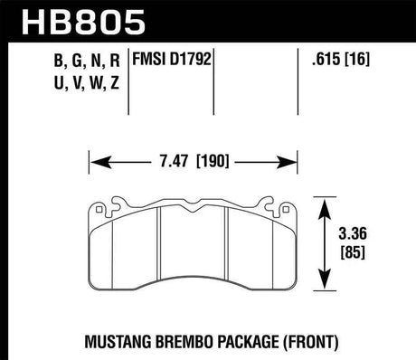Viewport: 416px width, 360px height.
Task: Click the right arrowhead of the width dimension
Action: [x=315, y=165]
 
